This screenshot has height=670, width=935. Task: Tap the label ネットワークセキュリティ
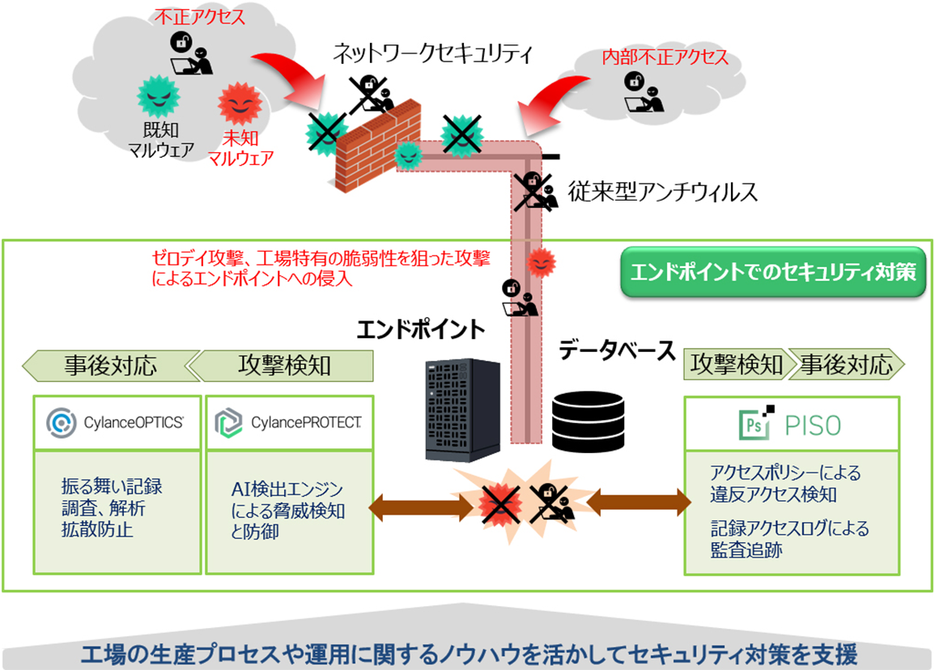[x=433, y=54]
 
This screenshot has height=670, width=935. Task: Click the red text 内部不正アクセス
[x=665, y=57]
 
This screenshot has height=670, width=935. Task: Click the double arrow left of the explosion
[x=420, y=507]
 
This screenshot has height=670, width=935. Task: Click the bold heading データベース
[x=616, y=351]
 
